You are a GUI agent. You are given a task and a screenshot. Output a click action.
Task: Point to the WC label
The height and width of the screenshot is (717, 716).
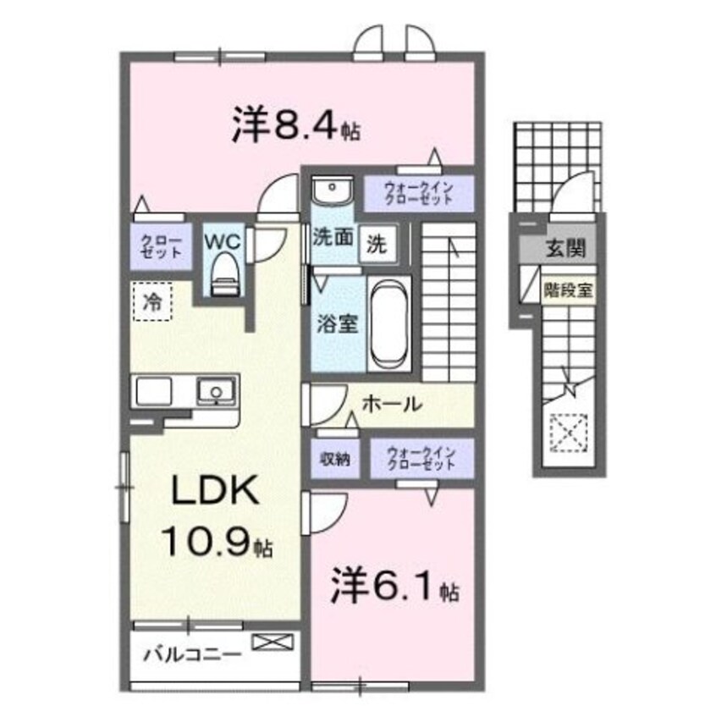(x=222, y=240)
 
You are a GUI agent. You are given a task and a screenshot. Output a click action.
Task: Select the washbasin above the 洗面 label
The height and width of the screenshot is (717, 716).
(x=330, y=190)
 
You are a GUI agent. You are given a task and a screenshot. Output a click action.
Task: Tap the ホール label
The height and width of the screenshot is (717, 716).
(x=391, y=405)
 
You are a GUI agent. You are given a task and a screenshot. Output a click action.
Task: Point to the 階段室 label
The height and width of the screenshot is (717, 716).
(x=567, y=289)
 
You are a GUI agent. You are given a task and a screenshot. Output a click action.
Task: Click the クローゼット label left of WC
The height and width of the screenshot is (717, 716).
(x=160, y=246)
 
